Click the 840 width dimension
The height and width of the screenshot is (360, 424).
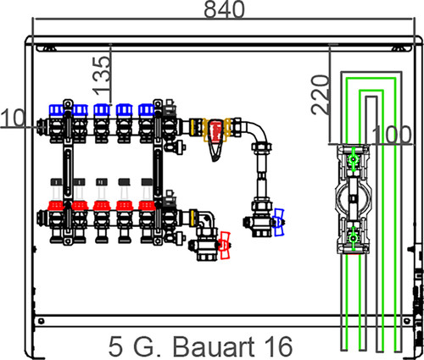[224, 9]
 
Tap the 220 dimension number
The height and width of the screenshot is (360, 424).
[321, 95]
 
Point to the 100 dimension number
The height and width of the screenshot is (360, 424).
[392, 135]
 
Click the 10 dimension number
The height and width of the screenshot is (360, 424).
[13, 118]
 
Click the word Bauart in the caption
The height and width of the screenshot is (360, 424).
[214, 346]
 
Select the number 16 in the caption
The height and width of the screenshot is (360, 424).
[278, 346]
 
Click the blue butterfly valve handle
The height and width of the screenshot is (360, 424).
[279, 222]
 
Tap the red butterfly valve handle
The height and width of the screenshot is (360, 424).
[225, 245]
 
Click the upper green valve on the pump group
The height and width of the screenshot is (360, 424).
[353, 159]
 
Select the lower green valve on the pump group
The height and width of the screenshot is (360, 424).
[353, 238]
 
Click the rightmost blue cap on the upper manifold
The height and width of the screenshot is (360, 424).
[147, 109]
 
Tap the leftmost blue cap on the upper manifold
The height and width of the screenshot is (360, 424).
[57, 110]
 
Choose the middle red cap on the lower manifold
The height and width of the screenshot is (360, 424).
[102, 206]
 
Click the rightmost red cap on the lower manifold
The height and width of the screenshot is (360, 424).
[147, 206]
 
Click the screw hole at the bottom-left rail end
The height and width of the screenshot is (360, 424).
[42, 321]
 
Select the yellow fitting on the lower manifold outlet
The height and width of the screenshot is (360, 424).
[193, 218]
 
